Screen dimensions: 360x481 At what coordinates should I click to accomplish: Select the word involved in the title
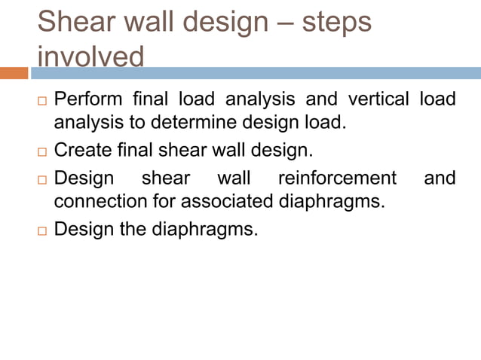coord(90,57)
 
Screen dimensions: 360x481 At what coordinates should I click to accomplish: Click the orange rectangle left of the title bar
coord(14,73)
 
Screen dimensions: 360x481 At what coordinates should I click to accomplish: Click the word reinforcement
coord(337,178)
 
